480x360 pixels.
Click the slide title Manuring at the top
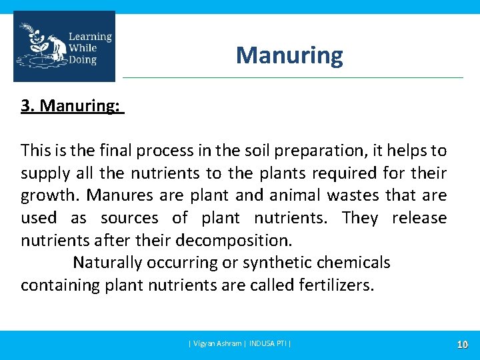click(289, 55)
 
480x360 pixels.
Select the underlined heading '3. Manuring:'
click(71, 107)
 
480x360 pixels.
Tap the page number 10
click(461, 345)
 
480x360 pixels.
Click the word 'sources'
click(129, 218)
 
